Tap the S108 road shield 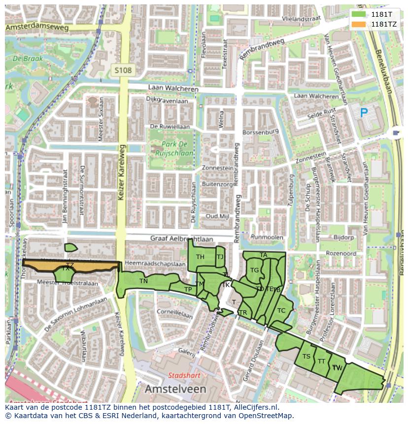(122, 70)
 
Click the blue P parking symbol (364, 113)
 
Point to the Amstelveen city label (175, 389)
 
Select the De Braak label (28, 59)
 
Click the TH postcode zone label (200, 257)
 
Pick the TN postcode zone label (143, 281)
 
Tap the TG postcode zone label (254, 270)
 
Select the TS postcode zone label (306, 357)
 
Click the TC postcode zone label (281, 311)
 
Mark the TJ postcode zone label (220, 257)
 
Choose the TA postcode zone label (263, 255)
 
